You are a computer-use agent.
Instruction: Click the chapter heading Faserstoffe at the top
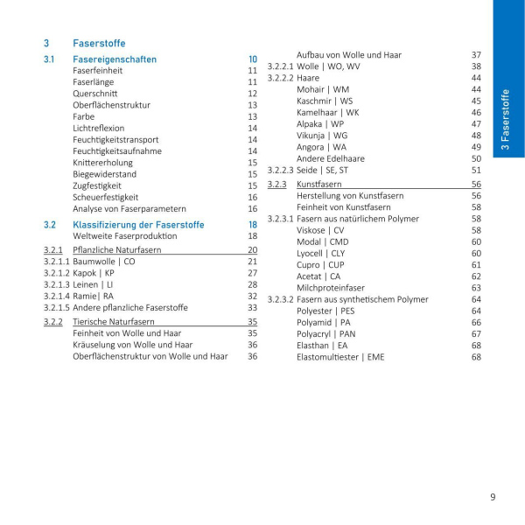(99, 43)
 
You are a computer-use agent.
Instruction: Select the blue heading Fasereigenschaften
(115, 59)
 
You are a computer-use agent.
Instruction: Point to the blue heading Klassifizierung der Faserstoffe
(138, 225)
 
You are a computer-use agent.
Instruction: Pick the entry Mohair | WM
(323, 89)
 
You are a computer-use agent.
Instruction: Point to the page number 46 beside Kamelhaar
(476, 113)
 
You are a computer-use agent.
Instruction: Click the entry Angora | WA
(321, 147)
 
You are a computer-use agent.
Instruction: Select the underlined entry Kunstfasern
(319, 185)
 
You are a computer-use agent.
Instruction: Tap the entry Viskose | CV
(320, 230)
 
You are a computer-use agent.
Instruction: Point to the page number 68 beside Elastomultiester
(476, 356)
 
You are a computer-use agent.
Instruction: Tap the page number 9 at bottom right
(493, 497)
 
